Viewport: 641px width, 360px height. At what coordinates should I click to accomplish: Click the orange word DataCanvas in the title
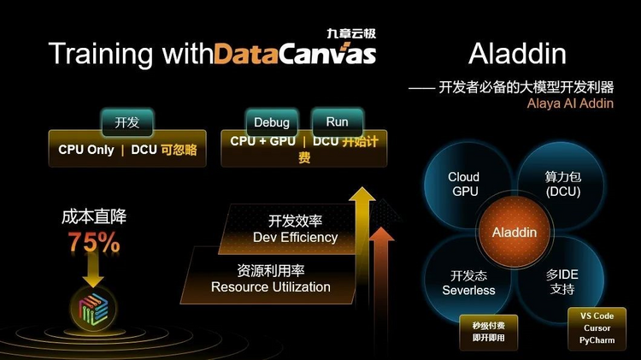tap(295, 54)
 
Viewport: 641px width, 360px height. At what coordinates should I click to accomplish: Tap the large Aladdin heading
tap(517, 54)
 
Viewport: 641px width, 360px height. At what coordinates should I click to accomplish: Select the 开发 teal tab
tap(127, 122)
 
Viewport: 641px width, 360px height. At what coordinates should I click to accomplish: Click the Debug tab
tap(272, 122)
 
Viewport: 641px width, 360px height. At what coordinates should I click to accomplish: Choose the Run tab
tap(338, 121)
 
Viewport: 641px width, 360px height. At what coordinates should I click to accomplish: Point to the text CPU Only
tap(85, 150)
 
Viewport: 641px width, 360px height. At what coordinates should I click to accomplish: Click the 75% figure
tap(94, 242)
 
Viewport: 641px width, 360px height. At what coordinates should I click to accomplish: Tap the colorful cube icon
tap(94, 309)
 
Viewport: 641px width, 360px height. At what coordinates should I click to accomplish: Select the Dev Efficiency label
tap(295, 237)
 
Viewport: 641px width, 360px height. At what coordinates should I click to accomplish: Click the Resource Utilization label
tap(271, 286)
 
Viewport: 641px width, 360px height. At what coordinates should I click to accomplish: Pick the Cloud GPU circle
tap(466, 184)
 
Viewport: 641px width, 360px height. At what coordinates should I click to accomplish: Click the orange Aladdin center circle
tap(515, 232)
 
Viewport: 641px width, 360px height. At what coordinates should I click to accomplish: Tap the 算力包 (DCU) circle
tap(563, 184)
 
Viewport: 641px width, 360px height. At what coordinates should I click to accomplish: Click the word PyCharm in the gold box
tap(597, 340)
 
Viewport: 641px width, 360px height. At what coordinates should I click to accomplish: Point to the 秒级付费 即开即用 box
tap(489, 332)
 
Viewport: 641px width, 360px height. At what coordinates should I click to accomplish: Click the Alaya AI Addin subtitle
tap(570, 103)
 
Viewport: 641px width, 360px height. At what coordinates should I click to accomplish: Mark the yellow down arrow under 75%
tap(93, 269)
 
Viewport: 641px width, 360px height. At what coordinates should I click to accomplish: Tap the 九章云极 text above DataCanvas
tap(351, 33)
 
